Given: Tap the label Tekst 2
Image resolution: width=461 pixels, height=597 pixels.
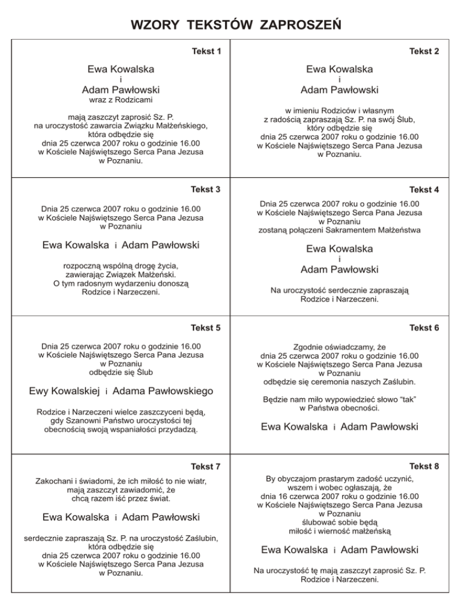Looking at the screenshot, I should (x=424, y=52).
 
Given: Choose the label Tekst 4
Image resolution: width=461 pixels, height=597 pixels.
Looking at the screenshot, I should (x=424, y=190).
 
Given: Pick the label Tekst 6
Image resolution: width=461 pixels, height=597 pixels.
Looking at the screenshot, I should (x=424, y=328).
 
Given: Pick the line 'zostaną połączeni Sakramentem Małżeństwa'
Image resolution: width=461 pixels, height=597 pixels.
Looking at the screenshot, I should (x=339, y=229).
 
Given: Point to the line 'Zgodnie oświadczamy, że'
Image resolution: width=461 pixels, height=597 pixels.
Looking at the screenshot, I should (x=339, y=347).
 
